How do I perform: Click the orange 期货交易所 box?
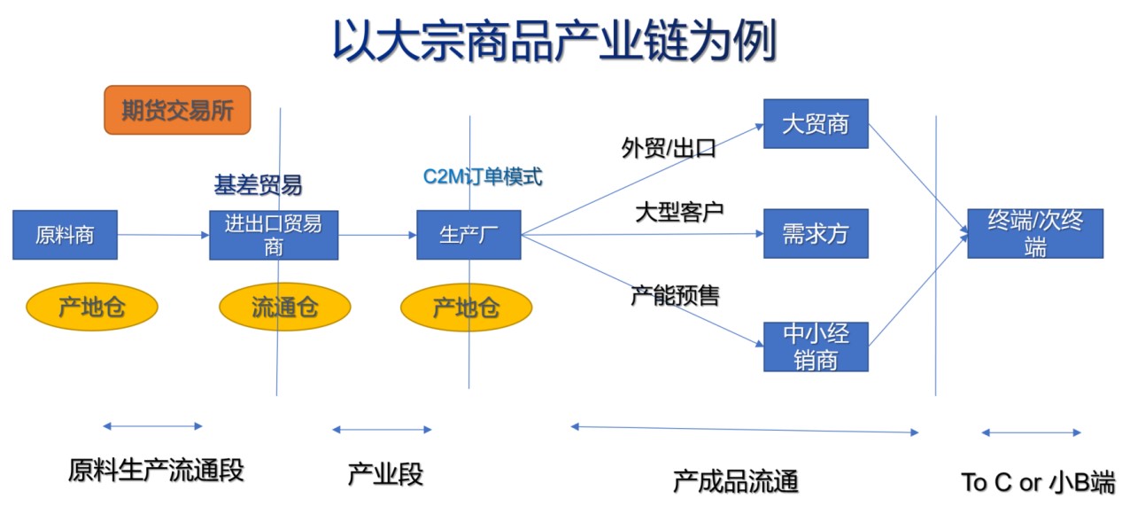point(177,110)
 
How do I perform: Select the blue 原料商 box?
point(65,235)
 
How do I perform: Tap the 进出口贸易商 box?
point(274,235)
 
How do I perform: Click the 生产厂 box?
point(468,235)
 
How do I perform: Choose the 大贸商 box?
point(816,123)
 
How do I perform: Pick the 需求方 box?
point(816,234)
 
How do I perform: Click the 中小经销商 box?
point(816,346)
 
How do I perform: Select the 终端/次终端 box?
point(1034,234)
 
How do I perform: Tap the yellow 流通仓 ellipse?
point(284,307)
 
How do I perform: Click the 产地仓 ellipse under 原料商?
point(92,307)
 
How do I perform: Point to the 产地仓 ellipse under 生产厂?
point(466,307)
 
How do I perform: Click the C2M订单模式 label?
point(482,176)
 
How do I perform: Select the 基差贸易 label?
point(258,184)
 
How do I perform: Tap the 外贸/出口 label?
point(669,148)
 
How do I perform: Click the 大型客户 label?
point(679,213)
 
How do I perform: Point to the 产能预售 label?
point(675,295)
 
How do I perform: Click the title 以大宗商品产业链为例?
point(554,42)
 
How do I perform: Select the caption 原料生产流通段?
point(156,471)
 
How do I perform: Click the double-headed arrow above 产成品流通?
point(745,430)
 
